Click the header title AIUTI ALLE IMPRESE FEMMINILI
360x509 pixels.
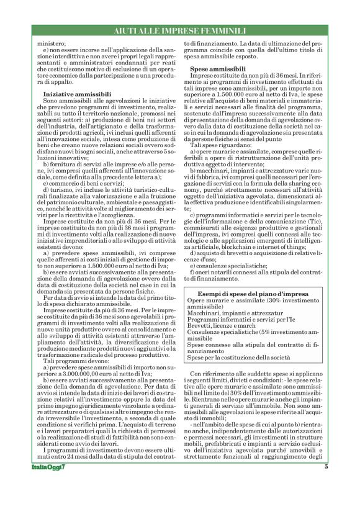coord(180,31)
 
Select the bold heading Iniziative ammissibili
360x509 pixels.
coord(76,93)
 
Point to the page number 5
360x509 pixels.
coord(326,484)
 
